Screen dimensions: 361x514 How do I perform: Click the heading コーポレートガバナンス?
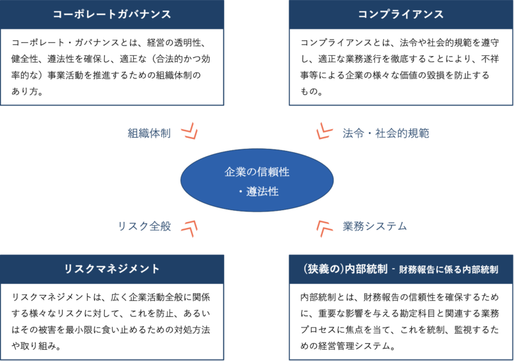pos(111,14)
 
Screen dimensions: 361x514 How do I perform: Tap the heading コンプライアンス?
pos(400,14)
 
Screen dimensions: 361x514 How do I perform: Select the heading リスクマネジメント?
pos(111,269)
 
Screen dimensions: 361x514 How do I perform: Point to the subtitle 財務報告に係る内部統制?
pos(448,269)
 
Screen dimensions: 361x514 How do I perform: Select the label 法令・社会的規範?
pos(385,133)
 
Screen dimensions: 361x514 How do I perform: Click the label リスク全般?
pos(144,226)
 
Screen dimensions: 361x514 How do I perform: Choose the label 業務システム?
pos(374,226)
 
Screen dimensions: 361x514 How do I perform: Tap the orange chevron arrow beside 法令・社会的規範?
pos(324,131)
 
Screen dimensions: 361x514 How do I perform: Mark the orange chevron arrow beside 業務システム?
pos(324,228)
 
